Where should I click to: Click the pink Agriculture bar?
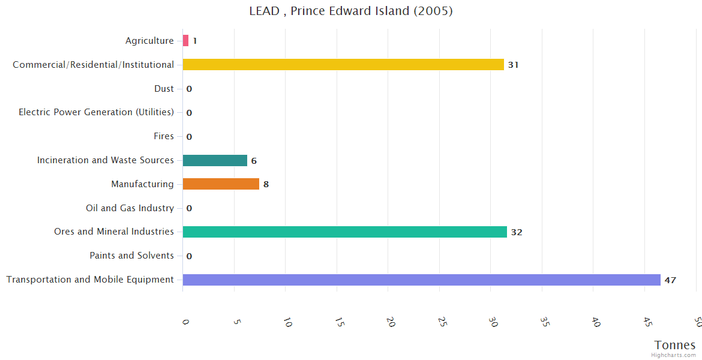(185, 41)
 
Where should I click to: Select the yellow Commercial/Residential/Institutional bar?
(343, 65)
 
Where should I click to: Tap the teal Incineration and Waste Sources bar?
(215, 160)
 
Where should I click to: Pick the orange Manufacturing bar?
(221, 184)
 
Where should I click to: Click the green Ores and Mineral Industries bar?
(345, 232)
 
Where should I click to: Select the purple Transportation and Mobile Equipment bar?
(421, 280)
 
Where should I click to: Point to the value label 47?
(670, 280)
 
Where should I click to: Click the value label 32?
(517, 232)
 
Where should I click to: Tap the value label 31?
(513, 65)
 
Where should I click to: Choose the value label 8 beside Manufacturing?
(266, 184)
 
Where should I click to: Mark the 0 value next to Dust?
(189, 89)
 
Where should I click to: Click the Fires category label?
(164, 136)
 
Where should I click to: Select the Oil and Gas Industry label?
(130, 208)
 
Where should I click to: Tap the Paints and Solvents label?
(132, 256)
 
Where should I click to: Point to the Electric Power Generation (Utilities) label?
(96, 112)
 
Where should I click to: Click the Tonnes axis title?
(675, 345)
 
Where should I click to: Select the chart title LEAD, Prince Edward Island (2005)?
(351, 11)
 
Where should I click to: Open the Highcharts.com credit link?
(674, 355)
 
